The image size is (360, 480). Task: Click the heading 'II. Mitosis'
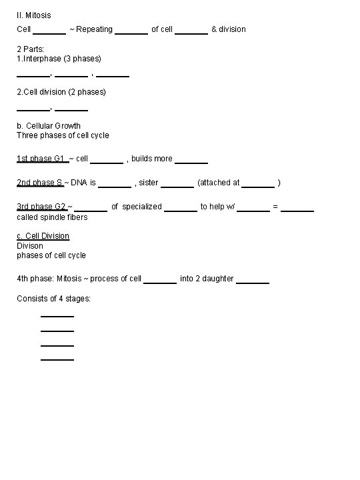click(33, 15)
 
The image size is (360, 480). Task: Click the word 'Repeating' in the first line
click(95, 29)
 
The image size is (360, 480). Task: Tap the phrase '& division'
click(229, 29)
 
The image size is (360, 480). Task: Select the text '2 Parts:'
click(31, 49)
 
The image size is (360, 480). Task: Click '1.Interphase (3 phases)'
click(59, 59)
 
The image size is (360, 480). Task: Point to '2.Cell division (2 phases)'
click(61, 91)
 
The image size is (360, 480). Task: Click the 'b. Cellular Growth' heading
click(49, 125)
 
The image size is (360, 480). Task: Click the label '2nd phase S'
click(39, 183)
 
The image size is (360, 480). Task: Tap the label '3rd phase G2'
click(41, 207)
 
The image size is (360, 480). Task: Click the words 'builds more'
click(152, 159)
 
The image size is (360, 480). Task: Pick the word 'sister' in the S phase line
click(149, 183)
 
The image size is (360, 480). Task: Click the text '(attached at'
click(219, 183)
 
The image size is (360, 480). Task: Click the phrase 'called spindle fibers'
click(52, 217)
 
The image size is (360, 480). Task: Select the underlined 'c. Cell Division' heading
click(43, 236)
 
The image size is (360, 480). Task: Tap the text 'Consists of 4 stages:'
click(53, 299)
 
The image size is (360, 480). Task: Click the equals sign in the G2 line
click(275, 207)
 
